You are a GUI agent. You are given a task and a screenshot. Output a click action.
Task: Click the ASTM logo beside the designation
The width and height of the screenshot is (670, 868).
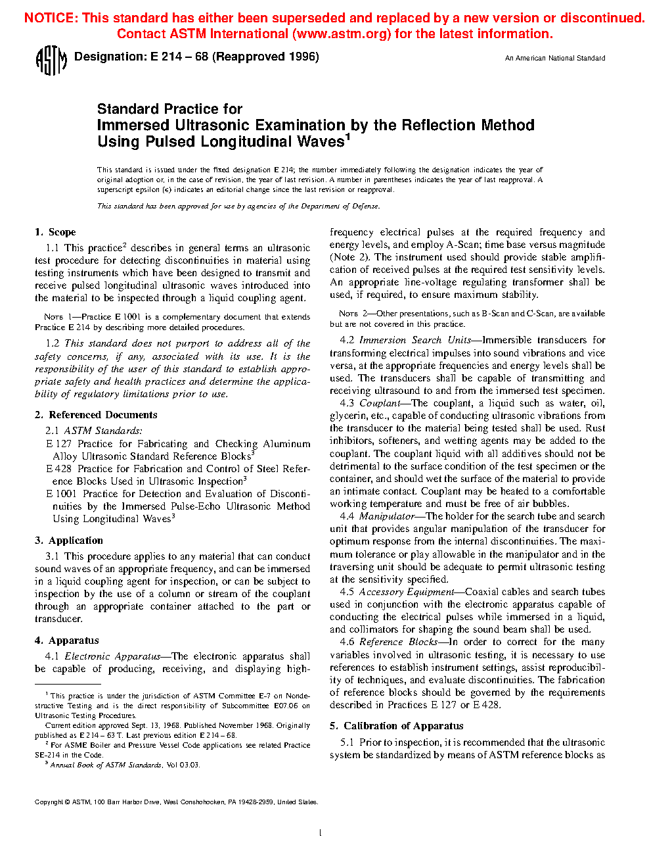pos(51,61)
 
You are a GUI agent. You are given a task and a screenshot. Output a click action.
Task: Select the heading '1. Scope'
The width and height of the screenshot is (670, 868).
pos(55,232)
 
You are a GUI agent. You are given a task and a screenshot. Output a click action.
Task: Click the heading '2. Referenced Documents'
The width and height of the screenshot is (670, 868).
pos(96,415)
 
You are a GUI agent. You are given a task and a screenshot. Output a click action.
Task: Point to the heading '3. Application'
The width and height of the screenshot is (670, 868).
pos(69,541)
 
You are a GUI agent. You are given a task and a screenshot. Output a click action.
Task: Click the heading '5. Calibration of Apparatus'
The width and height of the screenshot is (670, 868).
pos(396,726)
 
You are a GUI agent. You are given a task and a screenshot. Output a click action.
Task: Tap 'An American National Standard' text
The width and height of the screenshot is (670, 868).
pos(555,59)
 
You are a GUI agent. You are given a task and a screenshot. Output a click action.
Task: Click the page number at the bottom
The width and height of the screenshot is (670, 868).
pos(320,833)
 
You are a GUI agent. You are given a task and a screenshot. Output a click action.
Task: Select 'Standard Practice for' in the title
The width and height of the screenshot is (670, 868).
pos(169,109)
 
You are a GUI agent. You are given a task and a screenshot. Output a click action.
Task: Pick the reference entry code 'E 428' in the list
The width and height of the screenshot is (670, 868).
pos(58,469)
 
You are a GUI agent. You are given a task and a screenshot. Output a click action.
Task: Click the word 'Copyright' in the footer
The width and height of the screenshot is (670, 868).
pos(49,802)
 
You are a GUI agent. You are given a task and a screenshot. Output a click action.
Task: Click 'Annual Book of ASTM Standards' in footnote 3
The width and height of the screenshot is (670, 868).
pos(106,765)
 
